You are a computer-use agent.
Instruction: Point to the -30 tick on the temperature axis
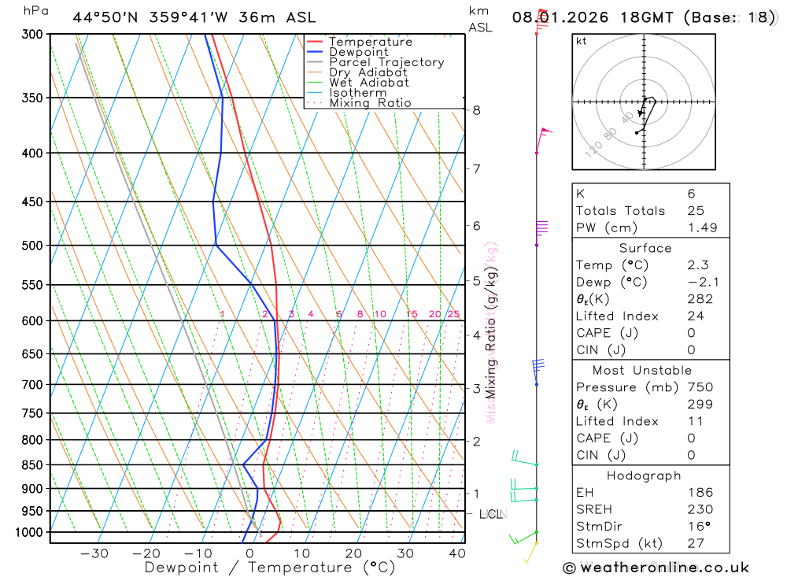[x=94, y=553]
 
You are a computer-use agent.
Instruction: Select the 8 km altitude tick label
[x=477, y=110]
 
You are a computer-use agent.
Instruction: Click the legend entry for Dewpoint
[x=358, y=52]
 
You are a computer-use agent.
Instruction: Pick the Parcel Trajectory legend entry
[x=386, y=62]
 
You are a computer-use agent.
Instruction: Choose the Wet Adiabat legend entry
[x=368, y=83]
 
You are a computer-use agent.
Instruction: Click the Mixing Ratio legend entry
[x=370, y=103]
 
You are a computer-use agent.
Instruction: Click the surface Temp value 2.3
[x=697, y=265]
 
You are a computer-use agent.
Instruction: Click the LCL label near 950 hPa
[x=491, y=515]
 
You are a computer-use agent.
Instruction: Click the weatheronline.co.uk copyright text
[x=656, y=568]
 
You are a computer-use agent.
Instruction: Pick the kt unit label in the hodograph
[x=581, y=41]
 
